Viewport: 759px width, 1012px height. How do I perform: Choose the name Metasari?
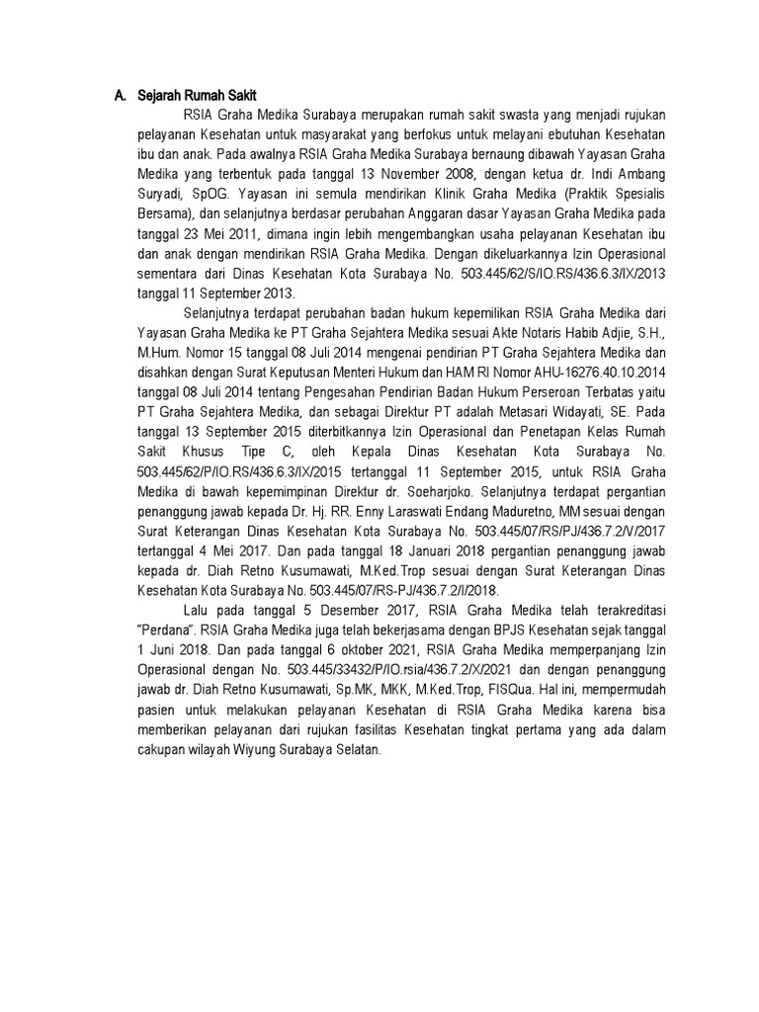pyautogui.click(x=519, y=415)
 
